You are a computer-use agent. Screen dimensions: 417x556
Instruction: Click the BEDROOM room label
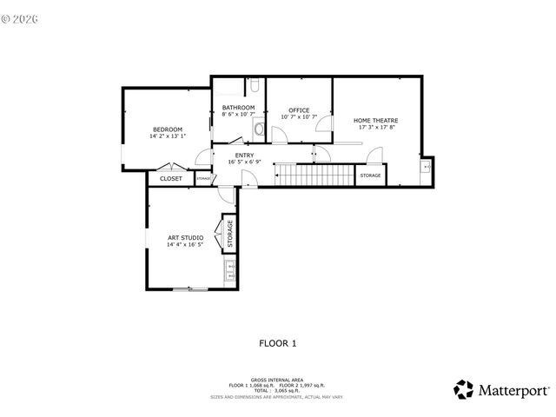coord(167,129)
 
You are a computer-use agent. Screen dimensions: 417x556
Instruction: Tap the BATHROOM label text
coord(238,107)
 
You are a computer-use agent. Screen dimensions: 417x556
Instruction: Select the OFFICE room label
coord(299,110)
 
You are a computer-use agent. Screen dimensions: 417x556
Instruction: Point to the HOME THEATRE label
coord(376,120)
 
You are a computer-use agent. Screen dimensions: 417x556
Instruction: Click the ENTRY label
coord(244,155)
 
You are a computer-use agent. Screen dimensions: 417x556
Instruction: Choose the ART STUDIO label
coord(185,237)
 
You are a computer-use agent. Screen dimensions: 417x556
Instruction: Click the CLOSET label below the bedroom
coord(171,178)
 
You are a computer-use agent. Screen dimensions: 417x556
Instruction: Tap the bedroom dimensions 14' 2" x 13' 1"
coord(167,136)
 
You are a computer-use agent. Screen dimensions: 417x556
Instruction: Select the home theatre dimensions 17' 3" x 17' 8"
coord(376,128)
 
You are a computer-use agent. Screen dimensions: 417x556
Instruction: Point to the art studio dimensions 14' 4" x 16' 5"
coord(185,245)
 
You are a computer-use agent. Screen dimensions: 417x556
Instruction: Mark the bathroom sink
coord(258,129)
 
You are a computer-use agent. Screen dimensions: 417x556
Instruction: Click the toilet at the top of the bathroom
coord(256,85)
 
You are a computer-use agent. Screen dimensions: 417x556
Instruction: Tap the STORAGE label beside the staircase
coord(370,176)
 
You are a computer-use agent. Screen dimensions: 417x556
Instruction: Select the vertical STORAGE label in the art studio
coord(230,234)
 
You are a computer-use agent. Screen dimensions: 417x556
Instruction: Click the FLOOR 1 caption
coord(278,343)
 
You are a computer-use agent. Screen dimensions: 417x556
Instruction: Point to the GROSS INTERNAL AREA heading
coord(277,380)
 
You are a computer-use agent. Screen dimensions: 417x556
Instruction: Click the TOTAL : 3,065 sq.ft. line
coord(277,390)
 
